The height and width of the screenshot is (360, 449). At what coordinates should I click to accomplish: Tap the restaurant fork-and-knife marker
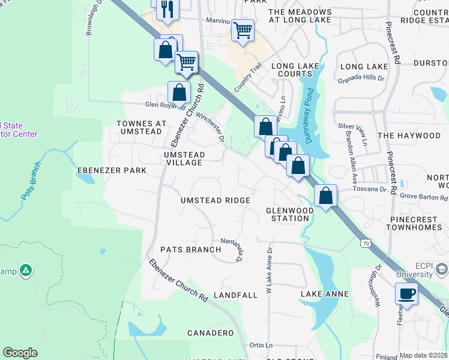167,9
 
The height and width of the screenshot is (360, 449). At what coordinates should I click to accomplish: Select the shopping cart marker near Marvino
243,29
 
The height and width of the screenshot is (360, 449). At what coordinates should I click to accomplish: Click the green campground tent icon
25,271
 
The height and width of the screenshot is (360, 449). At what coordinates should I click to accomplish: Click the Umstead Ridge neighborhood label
215,200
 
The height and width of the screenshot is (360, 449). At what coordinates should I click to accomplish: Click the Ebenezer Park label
112,170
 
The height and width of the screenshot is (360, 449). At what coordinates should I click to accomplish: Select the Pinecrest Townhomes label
417,224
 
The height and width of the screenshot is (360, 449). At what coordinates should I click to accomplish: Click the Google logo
20,353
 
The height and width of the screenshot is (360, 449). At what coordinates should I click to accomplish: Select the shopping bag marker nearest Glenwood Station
325,196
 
